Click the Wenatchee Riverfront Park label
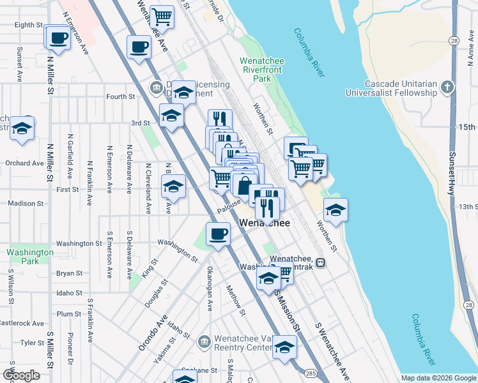tap(265, 70)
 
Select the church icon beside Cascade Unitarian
tap(448, 87)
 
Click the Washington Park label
tap(30, 257)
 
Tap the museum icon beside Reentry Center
tap(204, 342)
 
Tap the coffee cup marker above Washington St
tap(218, 233)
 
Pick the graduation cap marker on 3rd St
tap(171, 115)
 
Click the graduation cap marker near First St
tap(173, 186)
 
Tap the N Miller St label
tap(50, 70)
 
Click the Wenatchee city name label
tap(265, 223)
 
